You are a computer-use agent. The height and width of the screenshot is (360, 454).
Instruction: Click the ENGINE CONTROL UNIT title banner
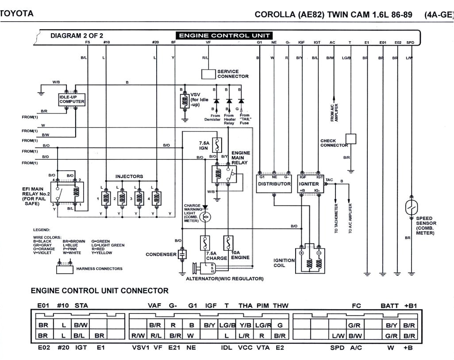point(224,35)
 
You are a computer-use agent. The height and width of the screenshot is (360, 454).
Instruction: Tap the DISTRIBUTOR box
point(274,183)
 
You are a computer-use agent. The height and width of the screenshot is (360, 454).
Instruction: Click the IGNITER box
point(310,183)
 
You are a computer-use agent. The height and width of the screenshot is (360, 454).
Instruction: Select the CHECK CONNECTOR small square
point(350,139)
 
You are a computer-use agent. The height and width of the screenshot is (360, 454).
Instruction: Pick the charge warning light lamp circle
point(205,217)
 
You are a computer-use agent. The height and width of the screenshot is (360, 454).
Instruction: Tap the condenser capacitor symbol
point(182,255)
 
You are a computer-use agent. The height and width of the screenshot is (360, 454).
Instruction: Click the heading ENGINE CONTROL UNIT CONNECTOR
point(100,291)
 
